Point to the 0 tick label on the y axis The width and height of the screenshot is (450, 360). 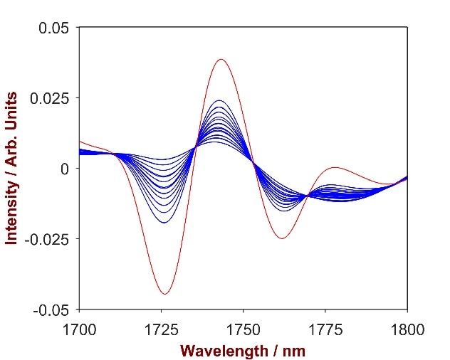point(65,169)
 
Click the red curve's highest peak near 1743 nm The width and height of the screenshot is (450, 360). point(221,59)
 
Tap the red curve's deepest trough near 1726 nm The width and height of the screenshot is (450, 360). point(164,294)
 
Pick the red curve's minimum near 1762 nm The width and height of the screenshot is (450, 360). point(282,238)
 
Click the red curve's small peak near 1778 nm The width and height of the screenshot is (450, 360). point(335,168)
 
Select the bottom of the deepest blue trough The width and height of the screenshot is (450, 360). point(164,223)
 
